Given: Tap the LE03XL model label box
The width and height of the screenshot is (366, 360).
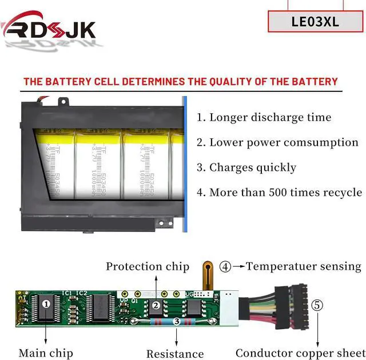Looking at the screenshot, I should pyautogui.click(x=315, y=22).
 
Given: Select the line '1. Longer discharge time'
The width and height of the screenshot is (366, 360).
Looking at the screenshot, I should pyautogui.click(x=264, y=118).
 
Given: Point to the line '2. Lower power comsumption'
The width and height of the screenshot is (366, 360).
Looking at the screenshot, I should pyautogui.click(x=277, y=142).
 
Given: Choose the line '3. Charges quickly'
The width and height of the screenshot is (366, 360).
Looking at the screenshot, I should pyautogui.click(x=246, y=167).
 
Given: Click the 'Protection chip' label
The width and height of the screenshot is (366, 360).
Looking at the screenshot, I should pyautogui.click(x=148, y=266).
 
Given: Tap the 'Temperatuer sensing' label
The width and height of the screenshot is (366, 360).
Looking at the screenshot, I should pyautogui.click(x=304, y=266).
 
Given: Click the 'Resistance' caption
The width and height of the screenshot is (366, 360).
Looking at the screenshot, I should pyautogui.click(x=175, y=354).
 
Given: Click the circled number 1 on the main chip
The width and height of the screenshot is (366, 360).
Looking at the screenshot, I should pyautogui.click(x=46, y=303).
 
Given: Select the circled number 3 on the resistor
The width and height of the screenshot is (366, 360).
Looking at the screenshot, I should pyautogui.click(x=177, y=322).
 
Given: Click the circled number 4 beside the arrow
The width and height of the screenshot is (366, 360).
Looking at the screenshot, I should pyautogui.click(x=226, y=266).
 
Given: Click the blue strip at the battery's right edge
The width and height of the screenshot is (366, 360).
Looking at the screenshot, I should pyautogui.click(x=185, y=166).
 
